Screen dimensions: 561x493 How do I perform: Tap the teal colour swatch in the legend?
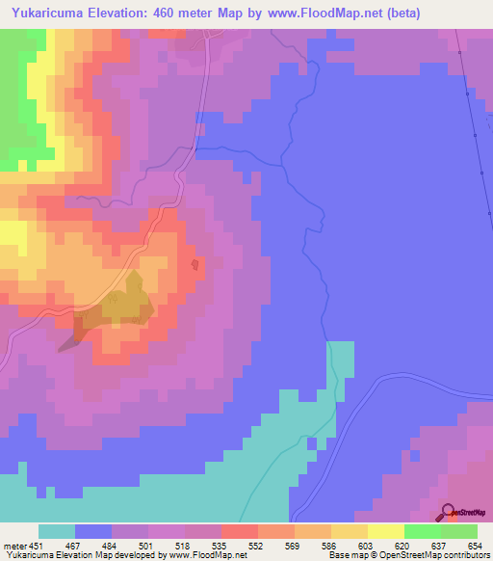click(x=57, y=531)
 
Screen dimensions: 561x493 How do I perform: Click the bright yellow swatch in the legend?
click(x=385, y=531)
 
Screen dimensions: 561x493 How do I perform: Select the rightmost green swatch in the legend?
click(x=458, y=531)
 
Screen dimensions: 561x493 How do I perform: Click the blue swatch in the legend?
click(x=93, y=531)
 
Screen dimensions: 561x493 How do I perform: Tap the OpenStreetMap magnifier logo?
click(x=448, y=512)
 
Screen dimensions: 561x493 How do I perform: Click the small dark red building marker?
click(x=195, y=264)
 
